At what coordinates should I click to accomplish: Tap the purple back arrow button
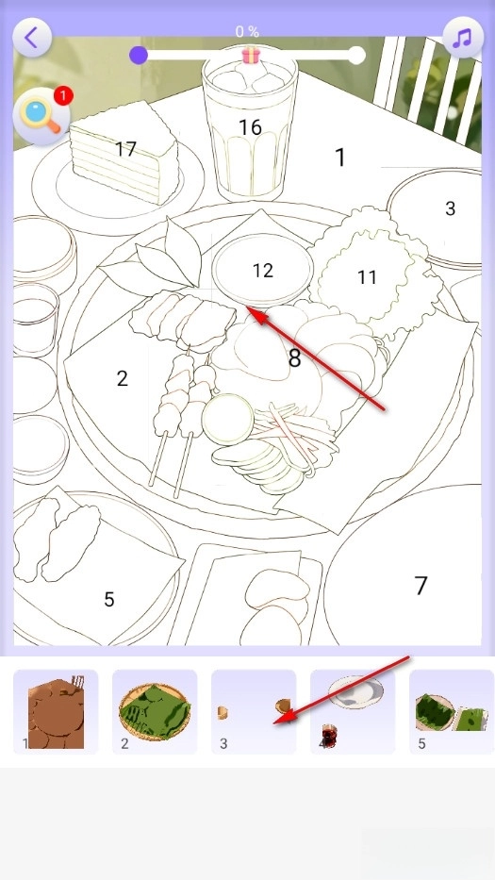pos(32,38)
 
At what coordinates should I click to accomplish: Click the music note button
pos(463,38)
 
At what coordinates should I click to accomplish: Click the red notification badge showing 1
pos(63,96)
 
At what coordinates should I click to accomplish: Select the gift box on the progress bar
pos(251,55)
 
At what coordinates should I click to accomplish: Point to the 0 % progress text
pos(247,32)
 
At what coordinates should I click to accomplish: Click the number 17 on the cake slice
pos(125,149)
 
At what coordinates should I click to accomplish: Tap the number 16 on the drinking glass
pos(250,127)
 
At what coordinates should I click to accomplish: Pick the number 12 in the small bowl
pos(262,271)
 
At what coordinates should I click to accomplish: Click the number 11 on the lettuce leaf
pos(367,276)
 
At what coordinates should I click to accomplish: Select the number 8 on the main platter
pos(294,357)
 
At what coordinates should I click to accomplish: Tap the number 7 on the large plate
pos(421,586)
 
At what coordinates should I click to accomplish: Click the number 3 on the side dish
pos(450,208)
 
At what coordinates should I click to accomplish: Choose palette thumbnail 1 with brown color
pos(56,711)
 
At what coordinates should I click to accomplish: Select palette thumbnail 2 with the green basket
pos(155,711)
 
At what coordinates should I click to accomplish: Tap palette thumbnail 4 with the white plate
pos(353,711)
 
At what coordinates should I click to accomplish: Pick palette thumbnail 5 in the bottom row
pos(452,711)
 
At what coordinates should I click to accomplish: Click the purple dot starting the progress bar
pos(138,55)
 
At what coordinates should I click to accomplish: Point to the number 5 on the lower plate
pos(108,599)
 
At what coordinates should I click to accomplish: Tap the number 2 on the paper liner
pos(123,378)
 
